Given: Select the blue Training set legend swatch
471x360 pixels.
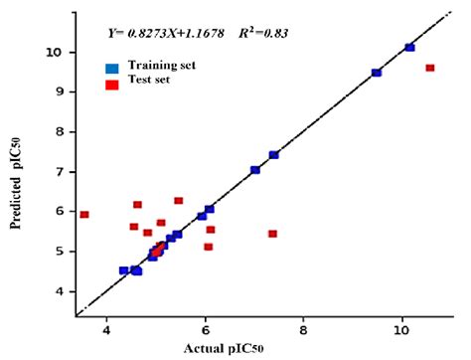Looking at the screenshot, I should pyautogui.click(x=113, y=66).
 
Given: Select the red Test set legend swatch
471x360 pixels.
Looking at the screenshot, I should pyautogui.click(x=113, y=80).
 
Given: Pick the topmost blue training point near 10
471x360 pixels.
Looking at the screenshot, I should pyautogui.click(x=410, y=47).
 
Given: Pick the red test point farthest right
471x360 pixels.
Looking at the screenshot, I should pyautogui.click(x=430, y=68).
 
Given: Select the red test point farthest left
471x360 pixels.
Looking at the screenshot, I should pyautogui.click(x=84, y=214).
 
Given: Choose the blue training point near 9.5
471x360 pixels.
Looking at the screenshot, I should pyautogui.click(x=377, y=73).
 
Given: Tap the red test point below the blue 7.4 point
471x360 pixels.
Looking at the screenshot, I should pyautogui.click(x=273, y=234).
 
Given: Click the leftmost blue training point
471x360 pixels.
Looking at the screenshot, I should pyautogui.click(x=124, y=270).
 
